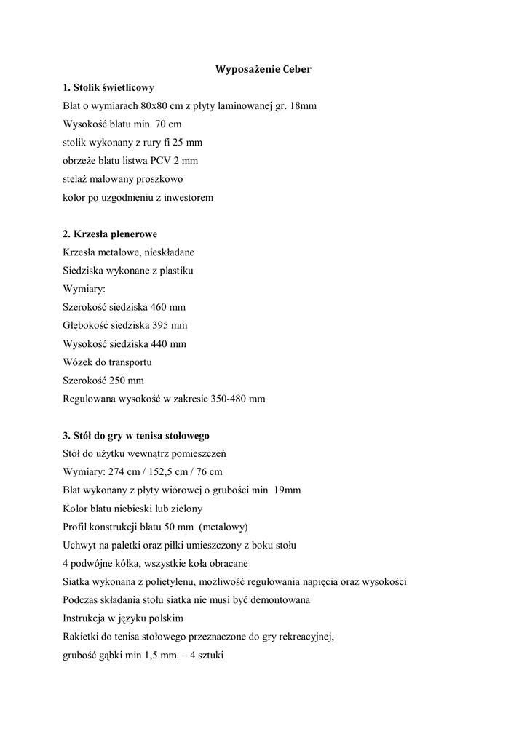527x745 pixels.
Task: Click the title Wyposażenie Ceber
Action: [x=263, y=69]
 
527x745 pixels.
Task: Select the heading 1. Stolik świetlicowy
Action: [x=108, y=87]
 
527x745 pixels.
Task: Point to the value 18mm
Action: [x=303, y=105]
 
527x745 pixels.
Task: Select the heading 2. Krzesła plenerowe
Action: [x=110, y=234]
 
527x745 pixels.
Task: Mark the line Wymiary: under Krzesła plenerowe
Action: [x=84, y=288]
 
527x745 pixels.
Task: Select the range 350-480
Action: [x=228, y=398]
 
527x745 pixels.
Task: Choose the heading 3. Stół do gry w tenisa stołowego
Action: [x=136, y=435]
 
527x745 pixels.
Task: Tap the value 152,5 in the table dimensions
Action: [x=163, y=471]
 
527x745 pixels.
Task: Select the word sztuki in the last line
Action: [x=209, y=654]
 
